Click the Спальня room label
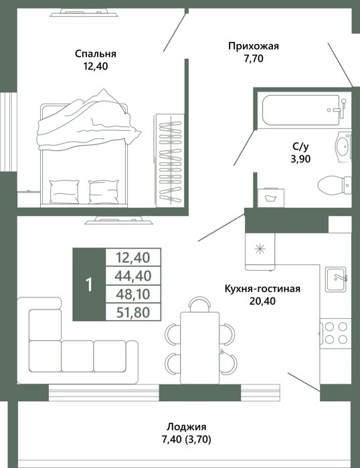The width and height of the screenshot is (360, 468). [96, 53]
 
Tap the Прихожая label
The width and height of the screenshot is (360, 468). [254, 46]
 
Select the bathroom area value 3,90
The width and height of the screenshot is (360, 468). [300, 159]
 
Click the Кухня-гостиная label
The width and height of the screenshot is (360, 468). [262, 289]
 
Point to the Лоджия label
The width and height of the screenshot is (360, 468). [187, 427]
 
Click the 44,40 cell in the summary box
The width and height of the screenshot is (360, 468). [133, 275]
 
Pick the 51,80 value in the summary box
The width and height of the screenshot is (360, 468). [133, 312]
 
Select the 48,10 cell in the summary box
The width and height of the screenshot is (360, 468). [133, 294]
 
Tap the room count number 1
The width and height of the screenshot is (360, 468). [89, 285]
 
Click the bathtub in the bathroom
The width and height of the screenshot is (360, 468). [304, 110]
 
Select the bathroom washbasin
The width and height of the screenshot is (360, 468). [343, 147]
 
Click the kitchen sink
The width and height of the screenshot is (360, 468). [336, 279]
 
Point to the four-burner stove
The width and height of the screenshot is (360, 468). [335, 332]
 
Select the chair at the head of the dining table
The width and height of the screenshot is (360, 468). [200, 304]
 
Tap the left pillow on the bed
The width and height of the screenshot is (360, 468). [64, 191]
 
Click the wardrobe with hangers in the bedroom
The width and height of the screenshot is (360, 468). [170, 160]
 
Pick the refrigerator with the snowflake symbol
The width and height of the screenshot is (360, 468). [260, 251]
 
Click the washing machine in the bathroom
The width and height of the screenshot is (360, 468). [271, 197]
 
